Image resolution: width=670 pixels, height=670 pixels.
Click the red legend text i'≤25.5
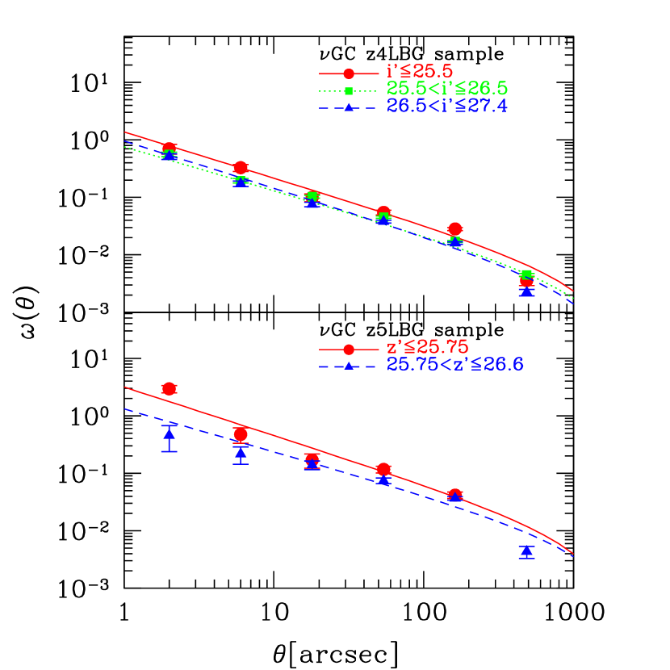pos(420,71)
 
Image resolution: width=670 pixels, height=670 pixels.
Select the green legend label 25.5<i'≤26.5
pos(447,89)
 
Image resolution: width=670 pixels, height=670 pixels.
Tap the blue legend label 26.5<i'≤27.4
pos(447,107)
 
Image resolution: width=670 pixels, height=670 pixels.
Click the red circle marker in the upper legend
pos(349,73)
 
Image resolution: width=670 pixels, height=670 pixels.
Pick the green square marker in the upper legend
pos(349,90)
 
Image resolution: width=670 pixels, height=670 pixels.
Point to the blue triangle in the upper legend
pos(349,107)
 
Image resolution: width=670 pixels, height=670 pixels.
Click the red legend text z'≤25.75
pos(427,347)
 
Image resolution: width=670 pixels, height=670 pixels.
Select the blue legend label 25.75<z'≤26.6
pos(455,365)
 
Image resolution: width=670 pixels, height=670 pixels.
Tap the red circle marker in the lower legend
pos(349,350)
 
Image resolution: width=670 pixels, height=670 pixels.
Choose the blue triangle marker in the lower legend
pos(349,366)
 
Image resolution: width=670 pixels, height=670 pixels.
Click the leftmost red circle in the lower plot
pos(169,388)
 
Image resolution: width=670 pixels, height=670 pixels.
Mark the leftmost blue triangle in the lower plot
pos(169,434)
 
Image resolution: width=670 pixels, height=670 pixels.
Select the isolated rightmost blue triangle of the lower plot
pos(527,551)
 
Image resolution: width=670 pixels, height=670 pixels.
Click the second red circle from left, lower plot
pos(241,434)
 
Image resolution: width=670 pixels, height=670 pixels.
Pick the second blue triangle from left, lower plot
pos(241,454)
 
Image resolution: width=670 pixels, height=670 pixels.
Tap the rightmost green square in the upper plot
pos(527,274)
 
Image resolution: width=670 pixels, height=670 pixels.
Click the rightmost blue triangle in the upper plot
pos(527,291)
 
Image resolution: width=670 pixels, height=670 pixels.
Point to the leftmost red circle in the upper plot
pos(169,148)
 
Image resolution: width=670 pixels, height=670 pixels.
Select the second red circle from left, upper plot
pos(241,167)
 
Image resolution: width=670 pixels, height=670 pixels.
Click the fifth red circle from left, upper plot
pos(455,228)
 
